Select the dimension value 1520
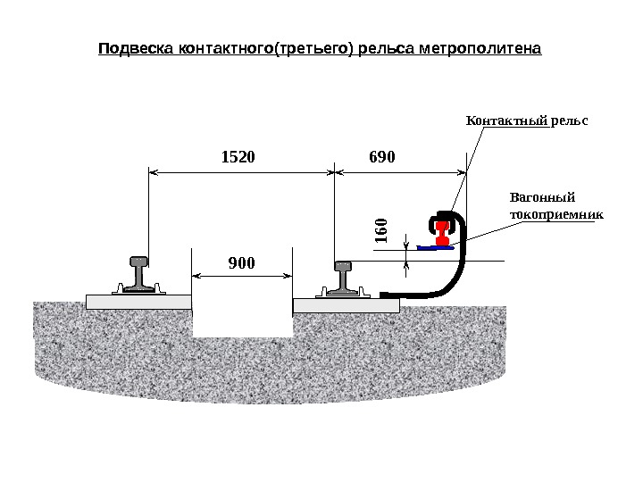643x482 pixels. click(238, 157)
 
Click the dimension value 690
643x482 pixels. click(381, 157)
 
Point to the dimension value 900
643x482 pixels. click(241, 263)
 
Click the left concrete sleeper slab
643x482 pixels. click(138, 302)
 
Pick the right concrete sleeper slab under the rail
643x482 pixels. click(346, 305)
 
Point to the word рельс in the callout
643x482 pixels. click(571, 119)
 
